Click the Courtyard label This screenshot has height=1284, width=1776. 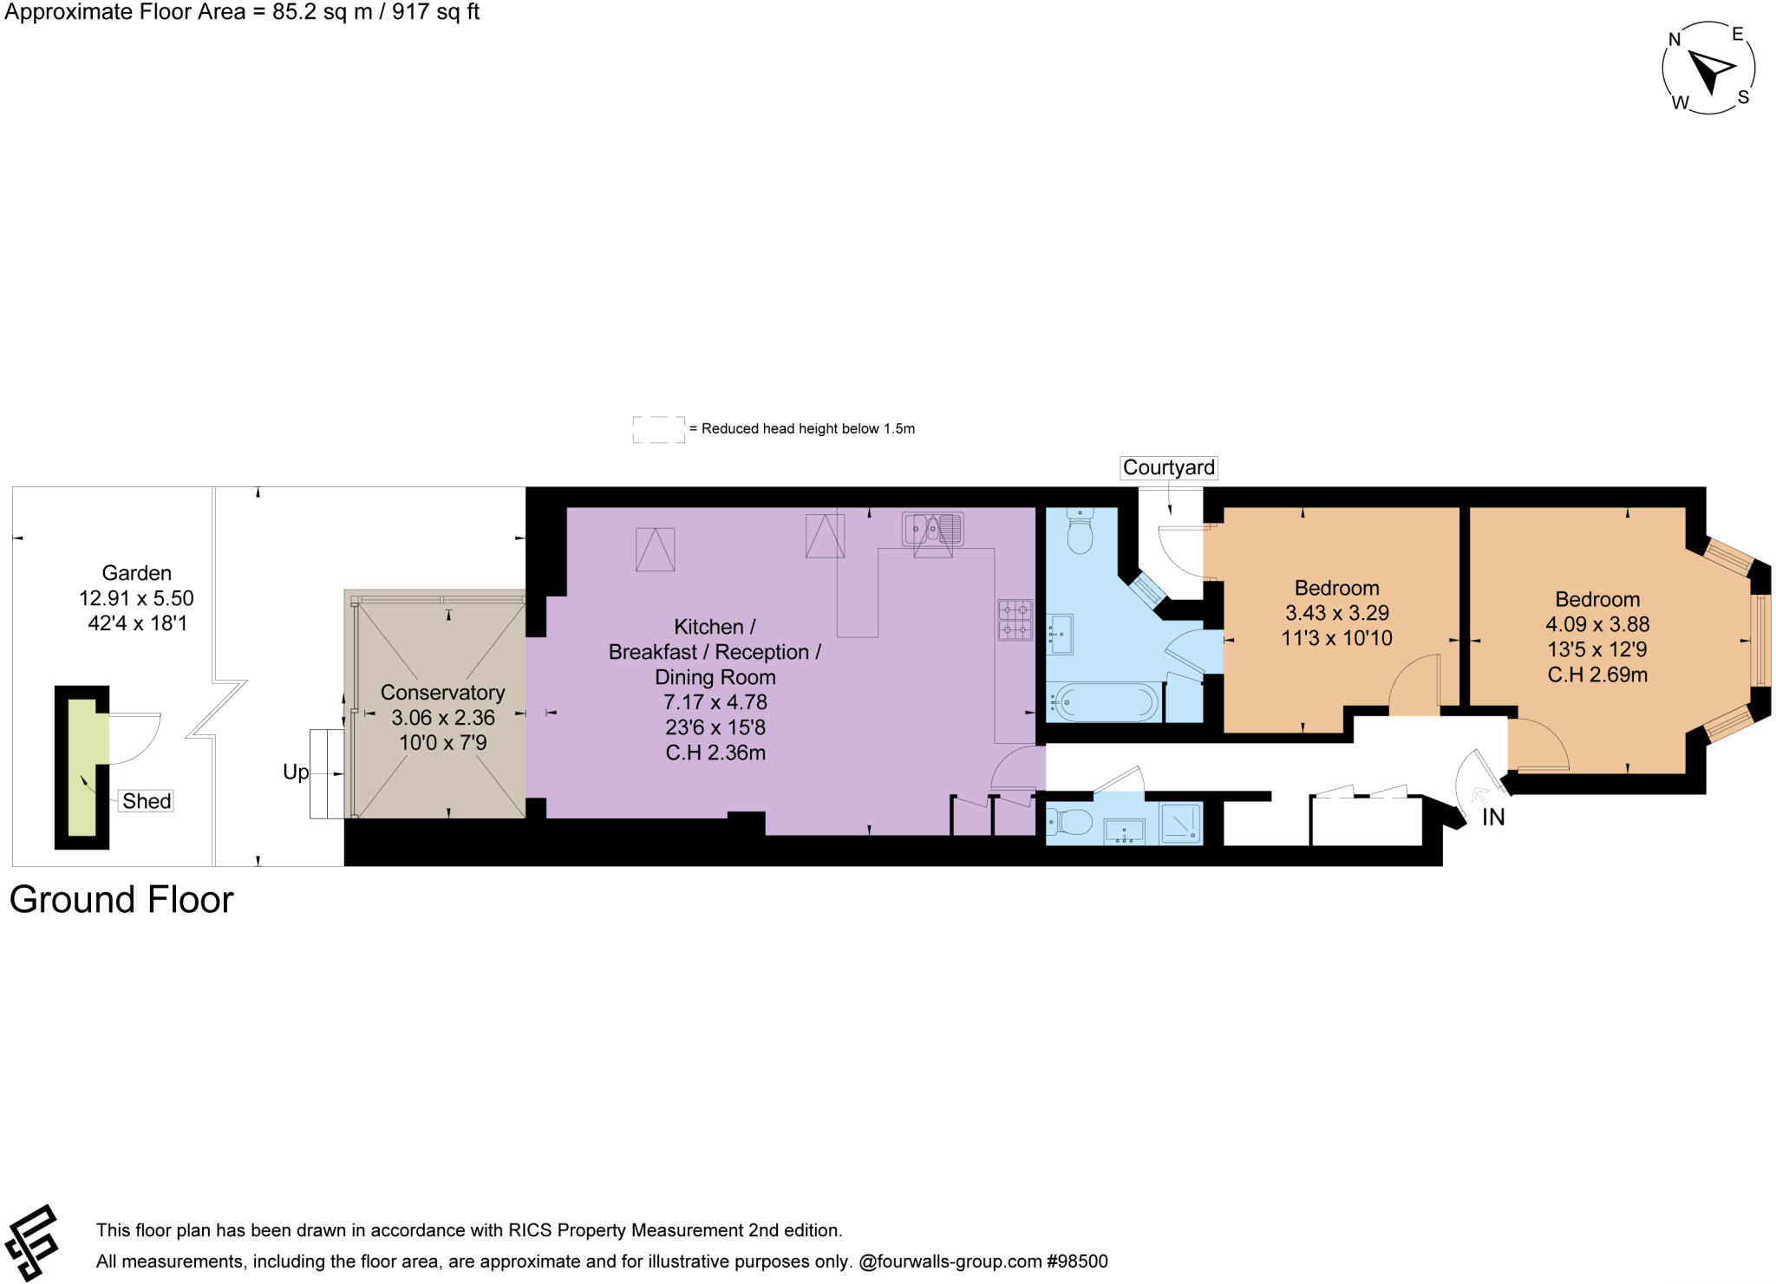(x=1168, y=467)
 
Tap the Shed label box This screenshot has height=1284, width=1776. (x=147, y=800)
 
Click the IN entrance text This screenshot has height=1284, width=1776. (x=1493, y=817)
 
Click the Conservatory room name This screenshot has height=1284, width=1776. (x=442, y=692)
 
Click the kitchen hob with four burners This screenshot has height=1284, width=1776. (x=1015, y=619)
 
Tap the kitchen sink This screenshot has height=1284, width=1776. (x=932, y=528)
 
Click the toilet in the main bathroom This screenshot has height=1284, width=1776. (x=1080, y=531)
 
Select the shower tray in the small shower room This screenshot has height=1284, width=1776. (x=1181, y=823)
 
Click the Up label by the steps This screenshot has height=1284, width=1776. (x=296, y=772)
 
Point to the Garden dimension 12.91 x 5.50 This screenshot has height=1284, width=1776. (x=136, y=598)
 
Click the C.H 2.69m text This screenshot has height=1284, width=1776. (x=1597, y=675)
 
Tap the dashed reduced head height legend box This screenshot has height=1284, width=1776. (x=658, y=429)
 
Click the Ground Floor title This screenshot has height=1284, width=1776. (x=121, y=900)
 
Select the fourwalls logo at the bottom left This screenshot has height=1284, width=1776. (x=30, y=1242)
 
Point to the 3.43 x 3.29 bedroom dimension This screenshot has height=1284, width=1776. (x=1336, y=613)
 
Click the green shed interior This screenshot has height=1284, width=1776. (x=83, y=768)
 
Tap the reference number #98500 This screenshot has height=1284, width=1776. (x=1077, y=1261)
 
